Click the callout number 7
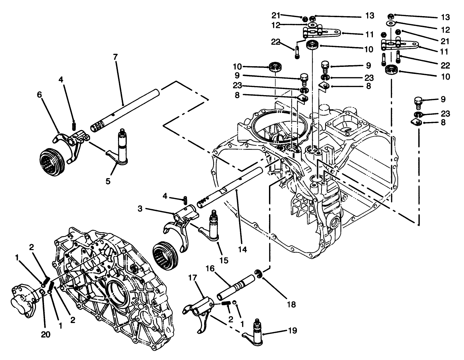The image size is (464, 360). [x=115, y=56]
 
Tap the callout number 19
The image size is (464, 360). [x=292, y=331]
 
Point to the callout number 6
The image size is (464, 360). [x=40, y=95]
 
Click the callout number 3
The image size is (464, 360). [x=140, y=209]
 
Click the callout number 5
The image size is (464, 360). [x=108, y=181]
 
